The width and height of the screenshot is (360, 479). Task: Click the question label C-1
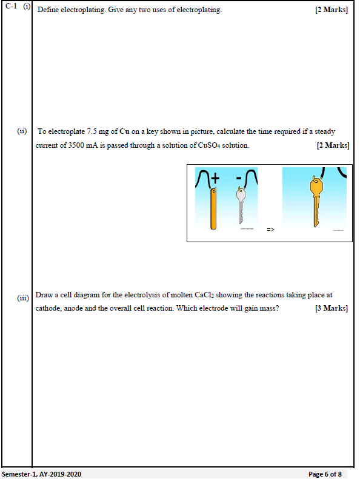point(12,7)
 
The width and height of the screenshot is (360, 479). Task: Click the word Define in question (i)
point(48,10)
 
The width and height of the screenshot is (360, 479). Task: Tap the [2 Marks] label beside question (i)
point(332,10)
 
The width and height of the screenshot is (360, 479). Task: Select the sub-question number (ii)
point(22,131)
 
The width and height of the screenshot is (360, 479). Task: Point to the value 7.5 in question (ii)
point(92,131)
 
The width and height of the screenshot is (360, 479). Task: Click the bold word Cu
point(124,131)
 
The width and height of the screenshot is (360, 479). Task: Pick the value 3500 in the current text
point(76,145)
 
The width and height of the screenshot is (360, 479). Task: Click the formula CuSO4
point(209,145)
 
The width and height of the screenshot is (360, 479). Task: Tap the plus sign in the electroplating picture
point(215,178)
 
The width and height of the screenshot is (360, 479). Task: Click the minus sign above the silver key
point(239,178)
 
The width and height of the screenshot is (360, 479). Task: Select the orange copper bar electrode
point(213,208)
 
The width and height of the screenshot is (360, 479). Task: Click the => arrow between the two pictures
point(270,229)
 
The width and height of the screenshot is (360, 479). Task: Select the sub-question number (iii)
point(23,298)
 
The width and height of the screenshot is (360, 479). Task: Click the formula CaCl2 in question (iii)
point(205,295)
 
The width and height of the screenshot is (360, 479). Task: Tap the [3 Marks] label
point(332,308)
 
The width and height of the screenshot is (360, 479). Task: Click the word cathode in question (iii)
point(48,308)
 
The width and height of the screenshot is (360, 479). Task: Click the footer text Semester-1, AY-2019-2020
point(42,474)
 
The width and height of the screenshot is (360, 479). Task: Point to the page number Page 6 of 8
point(325,474)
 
